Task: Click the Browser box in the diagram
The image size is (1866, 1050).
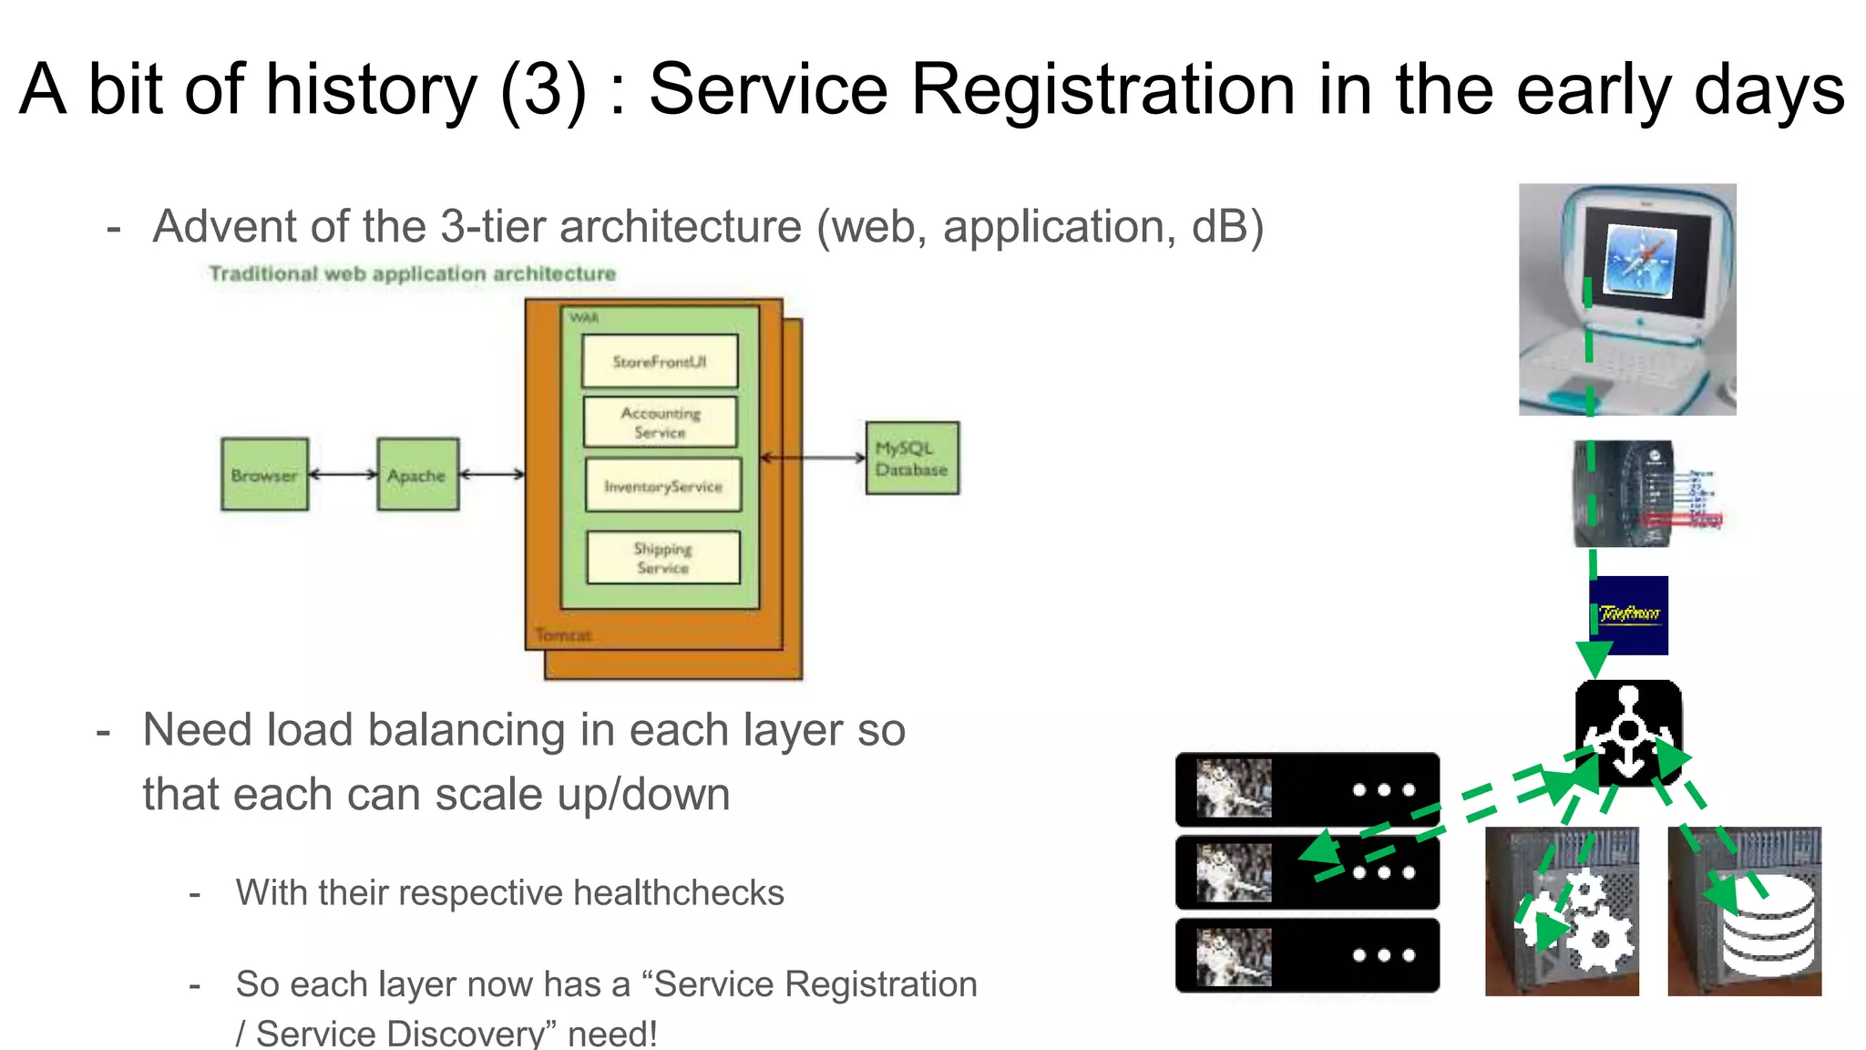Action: tap(264, 474)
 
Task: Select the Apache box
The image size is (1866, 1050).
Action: tap(417, 474)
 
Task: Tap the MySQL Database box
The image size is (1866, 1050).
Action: tap(911, 458)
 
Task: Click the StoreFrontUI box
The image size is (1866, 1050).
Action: tap(660, 362)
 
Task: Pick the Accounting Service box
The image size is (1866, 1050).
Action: tap(660, 422)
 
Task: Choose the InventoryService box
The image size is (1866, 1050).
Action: tap(662, 486)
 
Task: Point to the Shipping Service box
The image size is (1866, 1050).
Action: tap(662, 557)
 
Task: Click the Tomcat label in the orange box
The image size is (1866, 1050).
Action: tap(563, 634)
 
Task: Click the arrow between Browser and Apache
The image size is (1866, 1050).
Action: tap(343, 474)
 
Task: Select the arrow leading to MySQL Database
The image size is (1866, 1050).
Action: tap(813, 458)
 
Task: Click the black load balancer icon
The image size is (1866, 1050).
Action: tap(1628, 732)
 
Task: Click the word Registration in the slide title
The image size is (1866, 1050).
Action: tap(1103, 89)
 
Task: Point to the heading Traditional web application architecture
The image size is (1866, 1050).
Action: tap(412, 273)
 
